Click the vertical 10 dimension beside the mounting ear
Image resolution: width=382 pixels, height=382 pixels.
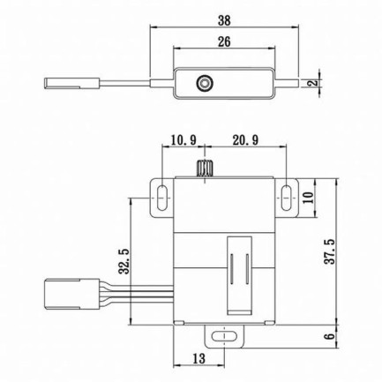(x=309, y=197)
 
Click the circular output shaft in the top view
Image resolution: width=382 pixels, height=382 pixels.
(x=205, y=83)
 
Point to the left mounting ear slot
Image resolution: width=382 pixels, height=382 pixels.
(x=163, y=196)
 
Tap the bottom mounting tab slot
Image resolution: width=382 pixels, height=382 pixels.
(x=225, y=336)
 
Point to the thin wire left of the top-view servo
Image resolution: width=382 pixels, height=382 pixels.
(x=132, y=84)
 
